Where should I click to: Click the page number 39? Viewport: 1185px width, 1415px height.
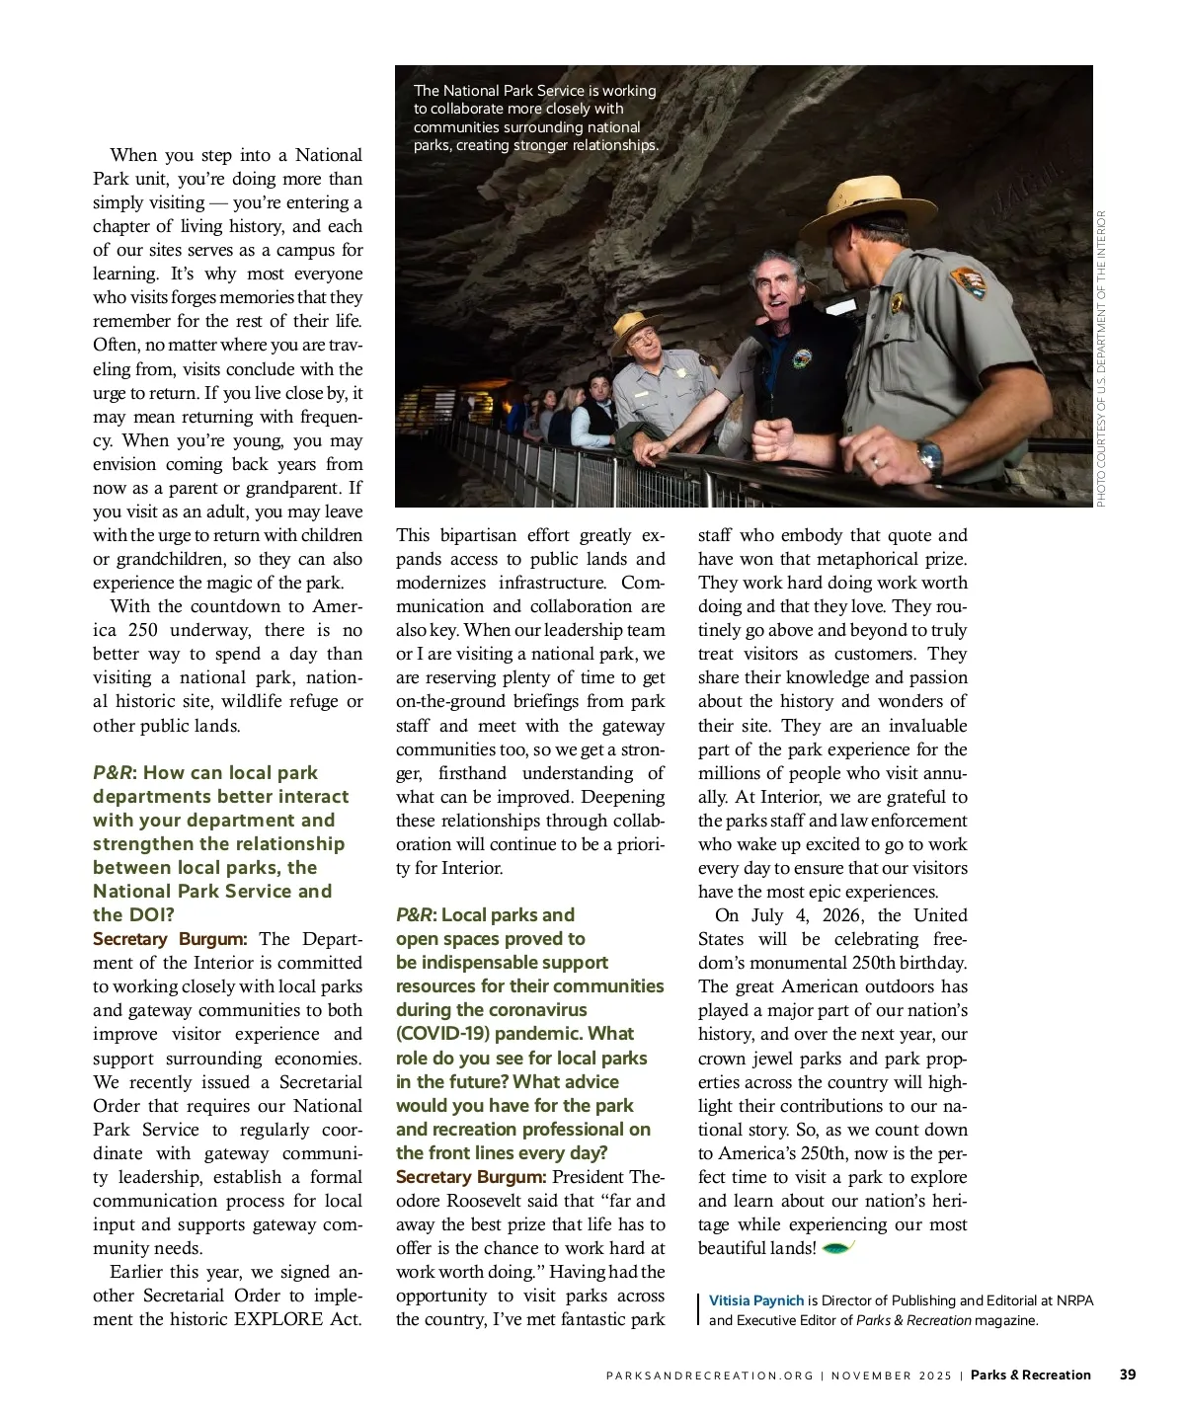coord(1127,1375)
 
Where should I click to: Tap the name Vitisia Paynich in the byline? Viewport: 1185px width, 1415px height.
coord(756,1300)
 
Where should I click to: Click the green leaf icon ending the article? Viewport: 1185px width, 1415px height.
coord(837,1248)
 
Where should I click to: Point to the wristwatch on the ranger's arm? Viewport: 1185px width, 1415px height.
coord(930,457)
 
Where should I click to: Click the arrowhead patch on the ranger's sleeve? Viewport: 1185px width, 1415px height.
coord(968,282)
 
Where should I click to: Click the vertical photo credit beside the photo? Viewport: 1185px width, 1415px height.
coord(1101,358)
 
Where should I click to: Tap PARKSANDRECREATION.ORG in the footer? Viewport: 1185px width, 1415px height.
coord(710,1376)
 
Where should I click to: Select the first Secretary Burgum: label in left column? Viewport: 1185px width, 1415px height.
coord(170,939)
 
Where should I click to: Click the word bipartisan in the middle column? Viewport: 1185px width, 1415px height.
coord(479,535)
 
